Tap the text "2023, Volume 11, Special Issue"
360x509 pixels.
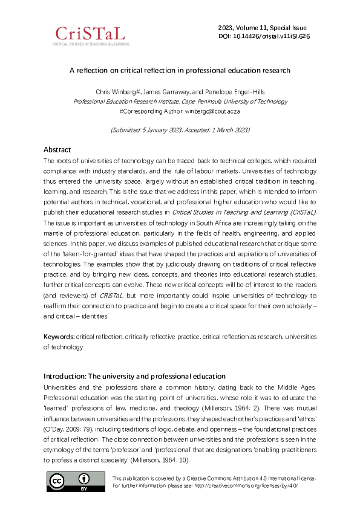262,28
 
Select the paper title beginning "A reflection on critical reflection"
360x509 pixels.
180,71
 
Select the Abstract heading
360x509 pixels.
57,149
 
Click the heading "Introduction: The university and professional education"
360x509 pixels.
134,377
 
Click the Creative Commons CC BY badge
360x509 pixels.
76,481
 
